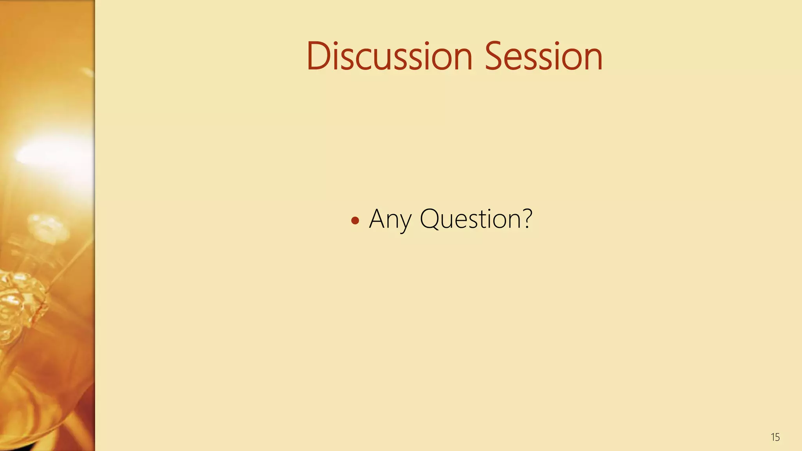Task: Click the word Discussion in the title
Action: [x=389, y=56]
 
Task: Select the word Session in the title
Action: [x=544, y=56]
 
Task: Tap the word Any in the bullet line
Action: [x=390, y=219]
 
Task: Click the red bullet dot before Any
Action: [x=355, y=221]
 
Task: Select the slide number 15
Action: [x=775, y=437]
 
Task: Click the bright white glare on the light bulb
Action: [x=47, y=155]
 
